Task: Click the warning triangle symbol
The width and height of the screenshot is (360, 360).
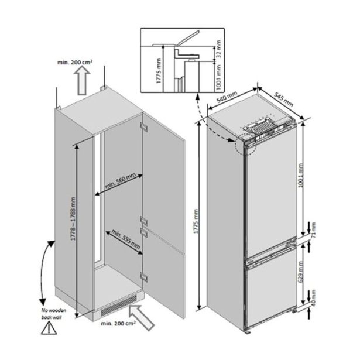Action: (49, 328)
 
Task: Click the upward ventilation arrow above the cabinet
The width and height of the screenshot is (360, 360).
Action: (82, 81)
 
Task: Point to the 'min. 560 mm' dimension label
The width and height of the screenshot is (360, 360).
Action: (120, 181)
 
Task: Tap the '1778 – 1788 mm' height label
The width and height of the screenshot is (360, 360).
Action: (73, 219)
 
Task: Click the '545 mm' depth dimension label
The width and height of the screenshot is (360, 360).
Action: (284, 100)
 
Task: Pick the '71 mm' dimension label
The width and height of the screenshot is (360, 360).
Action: (313, 230)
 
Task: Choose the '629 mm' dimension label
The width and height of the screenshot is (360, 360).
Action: (301, 272)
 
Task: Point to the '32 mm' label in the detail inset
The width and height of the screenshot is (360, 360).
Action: (218, 49)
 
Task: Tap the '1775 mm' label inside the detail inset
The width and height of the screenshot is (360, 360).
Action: (159, 71)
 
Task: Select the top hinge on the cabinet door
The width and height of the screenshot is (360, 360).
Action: (144, 126)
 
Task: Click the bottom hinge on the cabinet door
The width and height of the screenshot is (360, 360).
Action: (144, 277)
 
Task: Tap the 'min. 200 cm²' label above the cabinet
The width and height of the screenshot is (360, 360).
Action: (75, 62)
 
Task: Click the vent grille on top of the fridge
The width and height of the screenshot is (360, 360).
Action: (260, 127)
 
